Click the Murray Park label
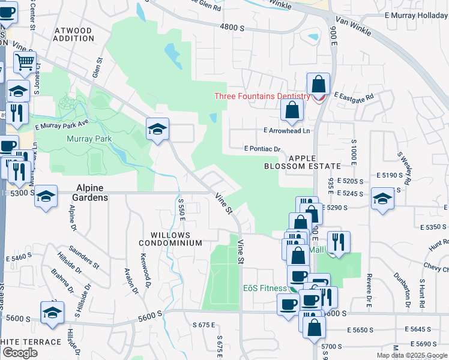89,139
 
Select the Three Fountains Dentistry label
262,97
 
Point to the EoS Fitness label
265,288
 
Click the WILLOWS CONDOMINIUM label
170,239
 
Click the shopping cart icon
25,61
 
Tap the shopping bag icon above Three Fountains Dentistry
319,83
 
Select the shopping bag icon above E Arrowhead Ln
292,110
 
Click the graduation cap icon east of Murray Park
157,129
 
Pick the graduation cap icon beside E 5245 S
382,198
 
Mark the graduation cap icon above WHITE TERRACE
52,312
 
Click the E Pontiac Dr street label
262,149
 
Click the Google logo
20,353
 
